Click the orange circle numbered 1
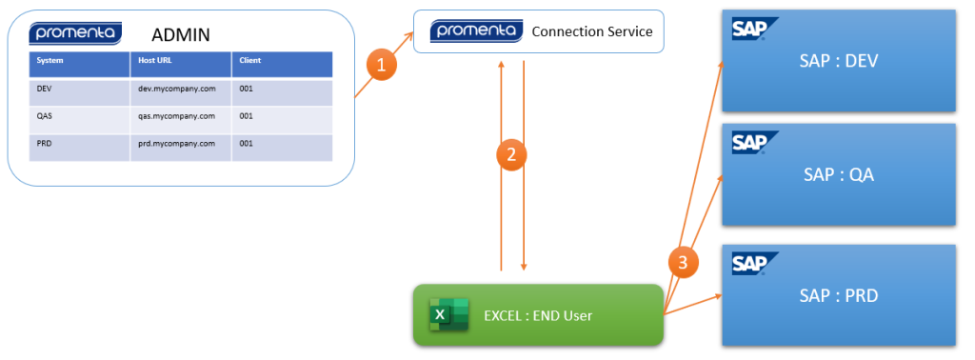[x=382, y=66]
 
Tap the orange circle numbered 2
[x=511, y=155]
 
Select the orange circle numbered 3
[x=683, y=263]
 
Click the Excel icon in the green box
[x=449, y=314]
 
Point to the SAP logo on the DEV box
[x=755, y=28]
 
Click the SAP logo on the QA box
[x=755, y=143]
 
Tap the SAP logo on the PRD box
[x=755, y=264]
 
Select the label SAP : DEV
[x=838, y=61]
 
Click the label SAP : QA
[x=838, y=174]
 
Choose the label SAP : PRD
[x=838, y=295]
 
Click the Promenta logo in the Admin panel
[x=75, y=33]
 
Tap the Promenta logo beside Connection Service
[x=476, y=30]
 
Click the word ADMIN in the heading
[x=181, y=34]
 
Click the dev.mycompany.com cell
[x=177, y=89]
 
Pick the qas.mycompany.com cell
[x=177, y=115]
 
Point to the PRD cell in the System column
[x=44, y=143]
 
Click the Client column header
[x=250, y=60]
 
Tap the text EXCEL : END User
[x=538, y=316]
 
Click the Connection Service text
[x=592, y=31]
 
